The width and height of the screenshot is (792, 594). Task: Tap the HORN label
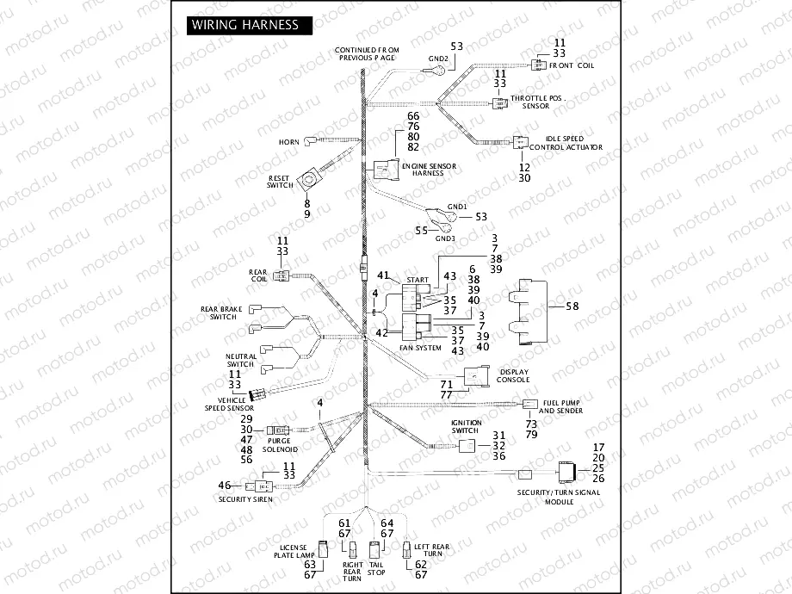(288, 141)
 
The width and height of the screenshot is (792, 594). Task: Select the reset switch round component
(307, 181)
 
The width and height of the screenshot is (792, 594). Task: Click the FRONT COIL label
(574, 65)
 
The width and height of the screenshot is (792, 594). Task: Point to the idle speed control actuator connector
(523, 143)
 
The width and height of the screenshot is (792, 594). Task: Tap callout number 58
(573, 306)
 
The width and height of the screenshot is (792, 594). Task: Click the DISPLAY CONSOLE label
(514, 375)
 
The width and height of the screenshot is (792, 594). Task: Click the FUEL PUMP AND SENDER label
(560, 406)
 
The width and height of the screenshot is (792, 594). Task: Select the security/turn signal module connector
(568, 472)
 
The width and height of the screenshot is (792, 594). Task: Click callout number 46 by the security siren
(224, 486)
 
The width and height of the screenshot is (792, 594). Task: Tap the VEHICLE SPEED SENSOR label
(226, 404)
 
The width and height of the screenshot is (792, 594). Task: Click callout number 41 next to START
(384, 275)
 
